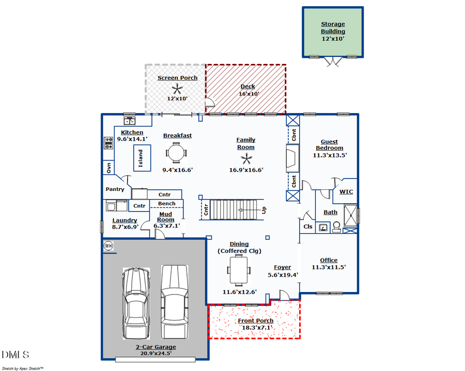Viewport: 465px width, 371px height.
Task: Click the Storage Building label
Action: [x=333, y=27]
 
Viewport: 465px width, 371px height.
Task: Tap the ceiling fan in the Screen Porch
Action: [x=177, y=88]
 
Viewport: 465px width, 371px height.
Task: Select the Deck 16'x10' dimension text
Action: [x=249, y=94]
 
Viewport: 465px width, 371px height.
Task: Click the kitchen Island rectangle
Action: [x=141, y=158]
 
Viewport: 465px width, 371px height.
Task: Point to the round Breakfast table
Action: [x=176, y=152]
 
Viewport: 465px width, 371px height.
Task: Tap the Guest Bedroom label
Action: [x=329, y=145]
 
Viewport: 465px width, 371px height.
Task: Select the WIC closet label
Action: [x=346, y=192]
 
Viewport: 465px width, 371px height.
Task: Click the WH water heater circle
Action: [x=108, y=246]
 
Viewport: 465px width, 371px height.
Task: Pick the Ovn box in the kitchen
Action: [x=109, y=167]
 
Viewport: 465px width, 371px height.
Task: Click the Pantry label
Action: [x=115, y=189]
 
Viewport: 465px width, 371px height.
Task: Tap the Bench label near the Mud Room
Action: [x=166, y=204]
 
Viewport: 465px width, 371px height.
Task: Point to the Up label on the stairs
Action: [x=265, y=211]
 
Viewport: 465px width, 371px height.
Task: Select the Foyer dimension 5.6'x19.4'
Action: [x=283, y=276]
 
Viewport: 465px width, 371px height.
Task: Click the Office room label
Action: [x=329, y=260]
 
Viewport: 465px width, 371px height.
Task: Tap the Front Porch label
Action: [x=255, y=320]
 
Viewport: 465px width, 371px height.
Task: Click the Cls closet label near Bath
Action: [x=308, y=227]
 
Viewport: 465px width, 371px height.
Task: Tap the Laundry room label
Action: [x=125, y=220]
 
